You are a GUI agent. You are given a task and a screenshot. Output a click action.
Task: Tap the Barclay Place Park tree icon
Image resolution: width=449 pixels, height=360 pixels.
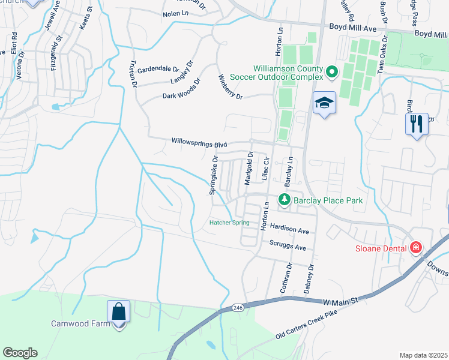[282, 200]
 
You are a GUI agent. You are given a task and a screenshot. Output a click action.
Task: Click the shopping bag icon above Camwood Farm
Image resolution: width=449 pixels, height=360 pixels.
[118, 313]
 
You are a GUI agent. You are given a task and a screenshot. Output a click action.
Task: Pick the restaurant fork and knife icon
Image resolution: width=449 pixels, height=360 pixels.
[416, 124]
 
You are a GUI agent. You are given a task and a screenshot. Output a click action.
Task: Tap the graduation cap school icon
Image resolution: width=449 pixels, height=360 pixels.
[324, 103]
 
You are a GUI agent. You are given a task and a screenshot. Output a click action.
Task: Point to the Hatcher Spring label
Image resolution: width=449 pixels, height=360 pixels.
[229, 223]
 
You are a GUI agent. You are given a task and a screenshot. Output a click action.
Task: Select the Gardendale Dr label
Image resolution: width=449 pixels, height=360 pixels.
[158, 70]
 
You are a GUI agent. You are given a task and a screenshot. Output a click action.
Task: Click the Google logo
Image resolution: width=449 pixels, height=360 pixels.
[20, 353]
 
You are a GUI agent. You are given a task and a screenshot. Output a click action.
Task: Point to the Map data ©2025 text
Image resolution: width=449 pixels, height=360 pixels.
[423, 355]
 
